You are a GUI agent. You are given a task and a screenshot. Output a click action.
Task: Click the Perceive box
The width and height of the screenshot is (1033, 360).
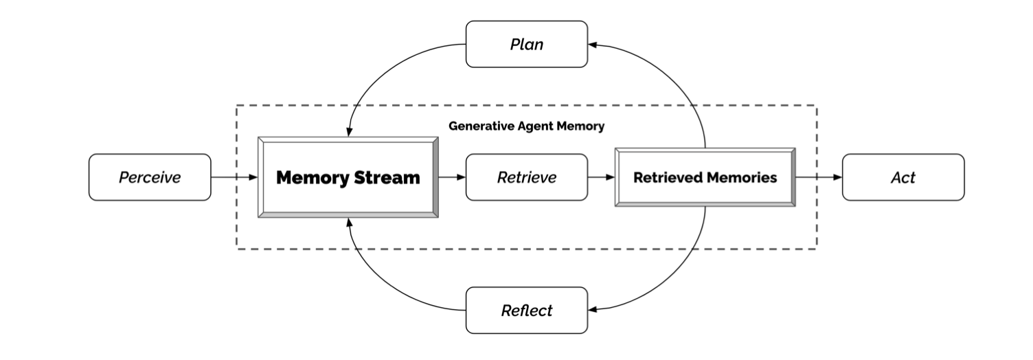[150, 177]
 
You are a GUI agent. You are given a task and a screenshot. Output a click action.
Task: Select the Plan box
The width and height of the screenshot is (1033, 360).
[526, 44]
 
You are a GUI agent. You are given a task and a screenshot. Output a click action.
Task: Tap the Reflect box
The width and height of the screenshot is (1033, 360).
[526, 311]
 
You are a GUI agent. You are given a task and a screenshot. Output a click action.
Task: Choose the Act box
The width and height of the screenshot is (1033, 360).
[903, 177]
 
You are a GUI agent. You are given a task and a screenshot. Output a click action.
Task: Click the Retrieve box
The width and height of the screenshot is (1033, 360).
[526, 177]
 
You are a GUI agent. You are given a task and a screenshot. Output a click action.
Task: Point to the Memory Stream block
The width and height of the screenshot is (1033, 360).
[348, 177]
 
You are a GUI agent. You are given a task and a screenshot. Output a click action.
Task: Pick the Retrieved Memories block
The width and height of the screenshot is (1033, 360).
[705, 177]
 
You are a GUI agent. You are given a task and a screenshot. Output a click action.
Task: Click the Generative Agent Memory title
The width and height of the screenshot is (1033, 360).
[526, 126]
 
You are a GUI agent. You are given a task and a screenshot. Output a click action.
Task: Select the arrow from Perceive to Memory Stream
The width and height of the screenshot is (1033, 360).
[234, 177]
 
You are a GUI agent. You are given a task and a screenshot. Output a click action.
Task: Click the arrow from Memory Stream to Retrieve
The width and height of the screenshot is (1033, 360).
[452, 177]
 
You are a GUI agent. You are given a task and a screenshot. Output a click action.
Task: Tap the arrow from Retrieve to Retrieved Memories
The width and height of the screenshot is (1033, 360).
[601, 177]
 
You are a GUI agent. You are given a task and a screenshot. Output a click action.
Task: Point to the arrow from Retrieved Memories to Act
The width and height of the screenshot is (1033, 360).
[819, 177]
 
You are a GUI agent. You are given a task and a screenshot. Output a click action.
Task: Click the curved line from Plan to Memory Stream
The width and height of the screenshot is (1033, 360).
[385, 69]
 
